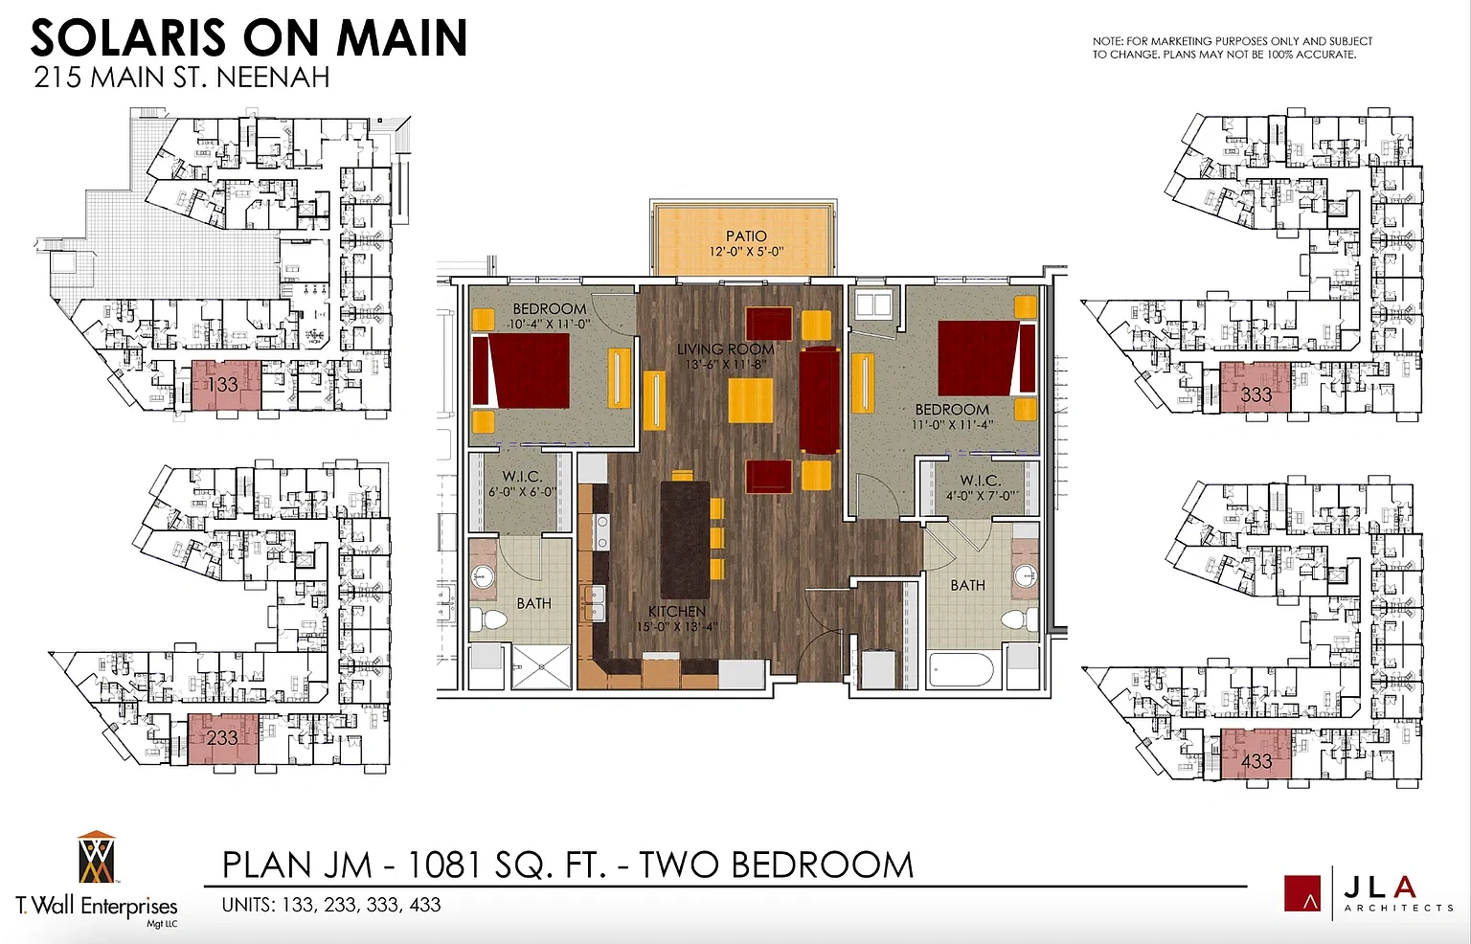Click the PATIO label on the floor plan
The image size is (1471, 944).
click(746, 236)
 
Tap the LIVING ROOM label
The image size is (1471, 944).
click(726, 349)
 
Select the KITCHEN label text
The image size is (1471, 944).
click(676, 611)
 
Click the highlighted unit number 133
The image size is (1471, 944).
click(222, 384)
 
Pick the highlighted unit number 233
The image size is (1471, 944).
click(222, 738)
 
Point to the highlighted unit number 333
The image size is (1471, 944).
click(1256, 394)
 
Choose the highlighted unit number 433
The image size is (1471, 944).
click(1256, 761)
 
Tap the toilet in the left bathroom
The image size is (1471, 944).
click(490, 618)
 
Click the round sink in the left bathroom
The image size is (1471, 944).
click(483, 577)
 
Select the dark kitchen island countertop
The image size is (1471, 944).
click(685, 540)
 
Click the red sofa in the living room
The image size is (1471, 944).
click(820, 400)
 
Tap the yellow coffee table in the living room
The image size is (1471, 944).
click(751, 400)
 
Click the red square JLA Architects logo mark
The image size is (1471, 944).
click(1302, 893)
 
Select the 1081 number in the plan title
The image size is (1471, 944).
click(446, 865)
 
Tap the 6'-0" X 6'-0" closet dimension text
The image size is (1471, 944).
click(522, 492)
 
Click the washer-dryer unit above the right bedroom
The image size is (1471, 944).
click(873, 304)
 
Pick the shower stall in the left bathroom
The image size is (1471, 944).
click(541, 666)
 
